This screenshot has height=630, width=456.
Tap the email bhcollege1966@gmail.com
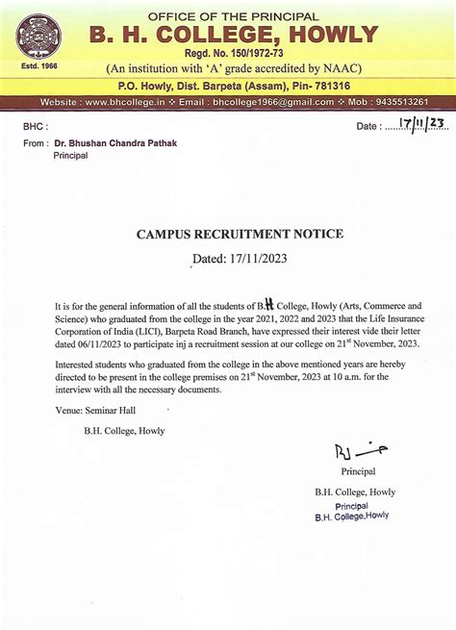273,101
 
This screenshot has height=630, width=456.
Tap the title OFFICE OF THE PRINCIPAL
233,16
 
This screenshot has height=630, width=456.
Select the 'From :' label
35,142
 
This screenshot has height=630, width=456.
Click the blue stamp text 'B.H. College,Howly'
352,517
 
